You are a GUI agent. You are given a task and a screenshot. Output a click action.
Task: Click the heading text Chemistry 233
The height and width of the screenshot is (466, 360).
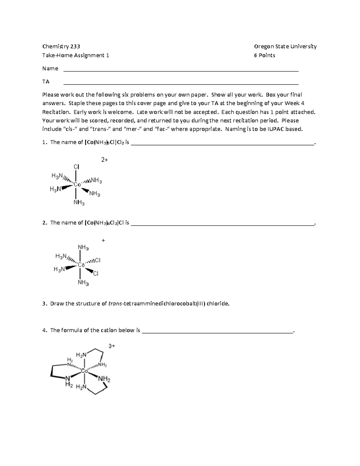61,46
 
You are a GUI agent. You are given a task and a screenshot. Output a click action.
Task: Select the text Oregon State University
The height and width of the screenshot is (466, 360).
285,46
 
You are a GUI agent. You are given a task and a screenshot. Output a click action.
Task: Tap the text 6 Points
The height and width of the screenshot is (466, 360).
264,55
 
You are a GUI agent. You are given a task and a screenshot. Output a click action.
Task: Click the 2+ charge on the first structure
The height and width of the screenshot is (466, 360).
104,160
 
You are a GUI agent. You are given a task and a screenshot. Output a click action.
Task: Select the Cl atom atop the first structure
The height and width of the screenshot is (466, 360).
76,167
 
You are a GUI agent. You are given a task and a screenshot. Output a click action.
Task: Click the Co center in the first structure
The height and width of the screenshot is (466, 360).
77,185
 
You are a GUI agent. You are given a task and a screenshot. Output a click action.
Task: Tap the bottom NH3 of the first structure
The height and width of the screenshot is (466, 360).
79,203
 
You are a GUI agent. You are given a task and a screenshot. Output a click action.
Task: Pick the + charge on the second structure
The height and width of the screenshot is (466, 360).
103,240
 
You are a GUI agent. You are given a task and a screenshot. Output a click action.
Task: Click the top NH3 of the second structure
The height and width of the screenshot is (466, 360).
83,248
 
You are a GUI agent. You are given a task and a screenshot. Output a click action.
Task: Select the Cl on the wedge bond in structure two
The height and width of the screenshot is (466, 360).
96,274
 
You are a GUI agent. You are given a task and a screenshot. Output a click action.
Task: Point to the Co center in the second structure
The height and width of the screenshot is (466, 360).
81,265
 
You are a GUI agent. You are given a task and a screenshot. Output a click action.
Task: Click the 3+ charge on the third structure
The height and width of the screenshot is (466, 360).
112,346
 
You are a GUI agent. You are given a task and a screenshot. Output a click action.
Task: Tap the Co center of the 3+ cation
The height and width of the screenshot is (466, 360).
85,371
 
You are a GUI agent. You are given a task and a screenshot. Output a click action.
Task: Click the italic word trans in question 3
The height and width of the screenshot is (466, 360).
115,303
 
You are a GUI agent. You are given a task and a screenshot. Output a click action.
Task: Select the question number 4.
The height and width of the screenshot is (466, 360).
45,330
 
